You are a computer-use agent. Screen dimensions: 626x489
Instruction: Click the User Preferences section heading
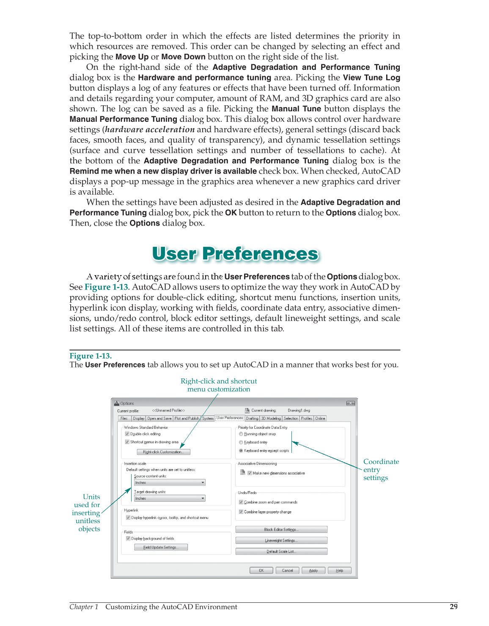pos(235,254)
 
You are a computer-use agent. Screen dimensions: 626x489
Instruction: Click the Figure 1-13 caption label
pos(91,356)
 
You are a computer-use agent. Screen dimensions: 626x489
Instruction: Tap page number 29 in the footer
pos(453,607)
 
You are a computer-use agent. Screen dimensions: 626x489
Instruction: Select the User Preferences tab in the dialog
pos(230,418)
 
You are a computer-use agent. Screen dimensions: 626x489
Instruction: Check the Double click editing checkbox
pos(127,434)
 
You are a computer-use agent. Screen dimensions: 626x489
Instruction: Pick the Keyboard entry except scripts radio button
pos(241,451)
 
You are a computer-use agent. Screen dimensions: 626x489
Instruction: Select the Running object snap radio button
pos(241,434)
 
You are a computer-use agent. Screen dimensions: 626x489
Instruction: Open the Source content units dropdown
pos(170,483)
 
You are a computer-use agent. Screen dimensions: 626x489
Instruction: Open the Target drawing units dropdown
pos(170,499)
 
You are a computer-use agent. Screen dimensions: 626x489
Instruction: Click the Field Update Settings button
pos(161,547)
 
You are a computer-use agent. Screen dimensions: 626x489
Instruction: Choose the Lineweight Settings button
pos(281,541)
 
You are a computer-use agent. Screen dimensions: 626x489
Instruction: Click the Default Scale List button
pos(281,552)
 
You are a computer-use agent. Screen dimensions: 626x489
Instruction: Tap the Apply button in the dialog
pos(313,571)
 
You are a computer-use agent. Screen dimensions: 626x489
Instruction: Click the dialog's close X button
pos(350,403)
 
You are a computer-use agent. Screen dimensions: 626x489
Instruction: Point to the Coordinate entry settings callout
pos(381,470)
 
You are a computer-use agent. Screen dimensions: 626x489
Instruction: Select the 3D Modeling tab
pos(271,418)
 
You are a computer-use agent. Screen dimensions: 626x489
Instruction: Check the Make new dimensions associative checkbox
pos(250,473)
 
